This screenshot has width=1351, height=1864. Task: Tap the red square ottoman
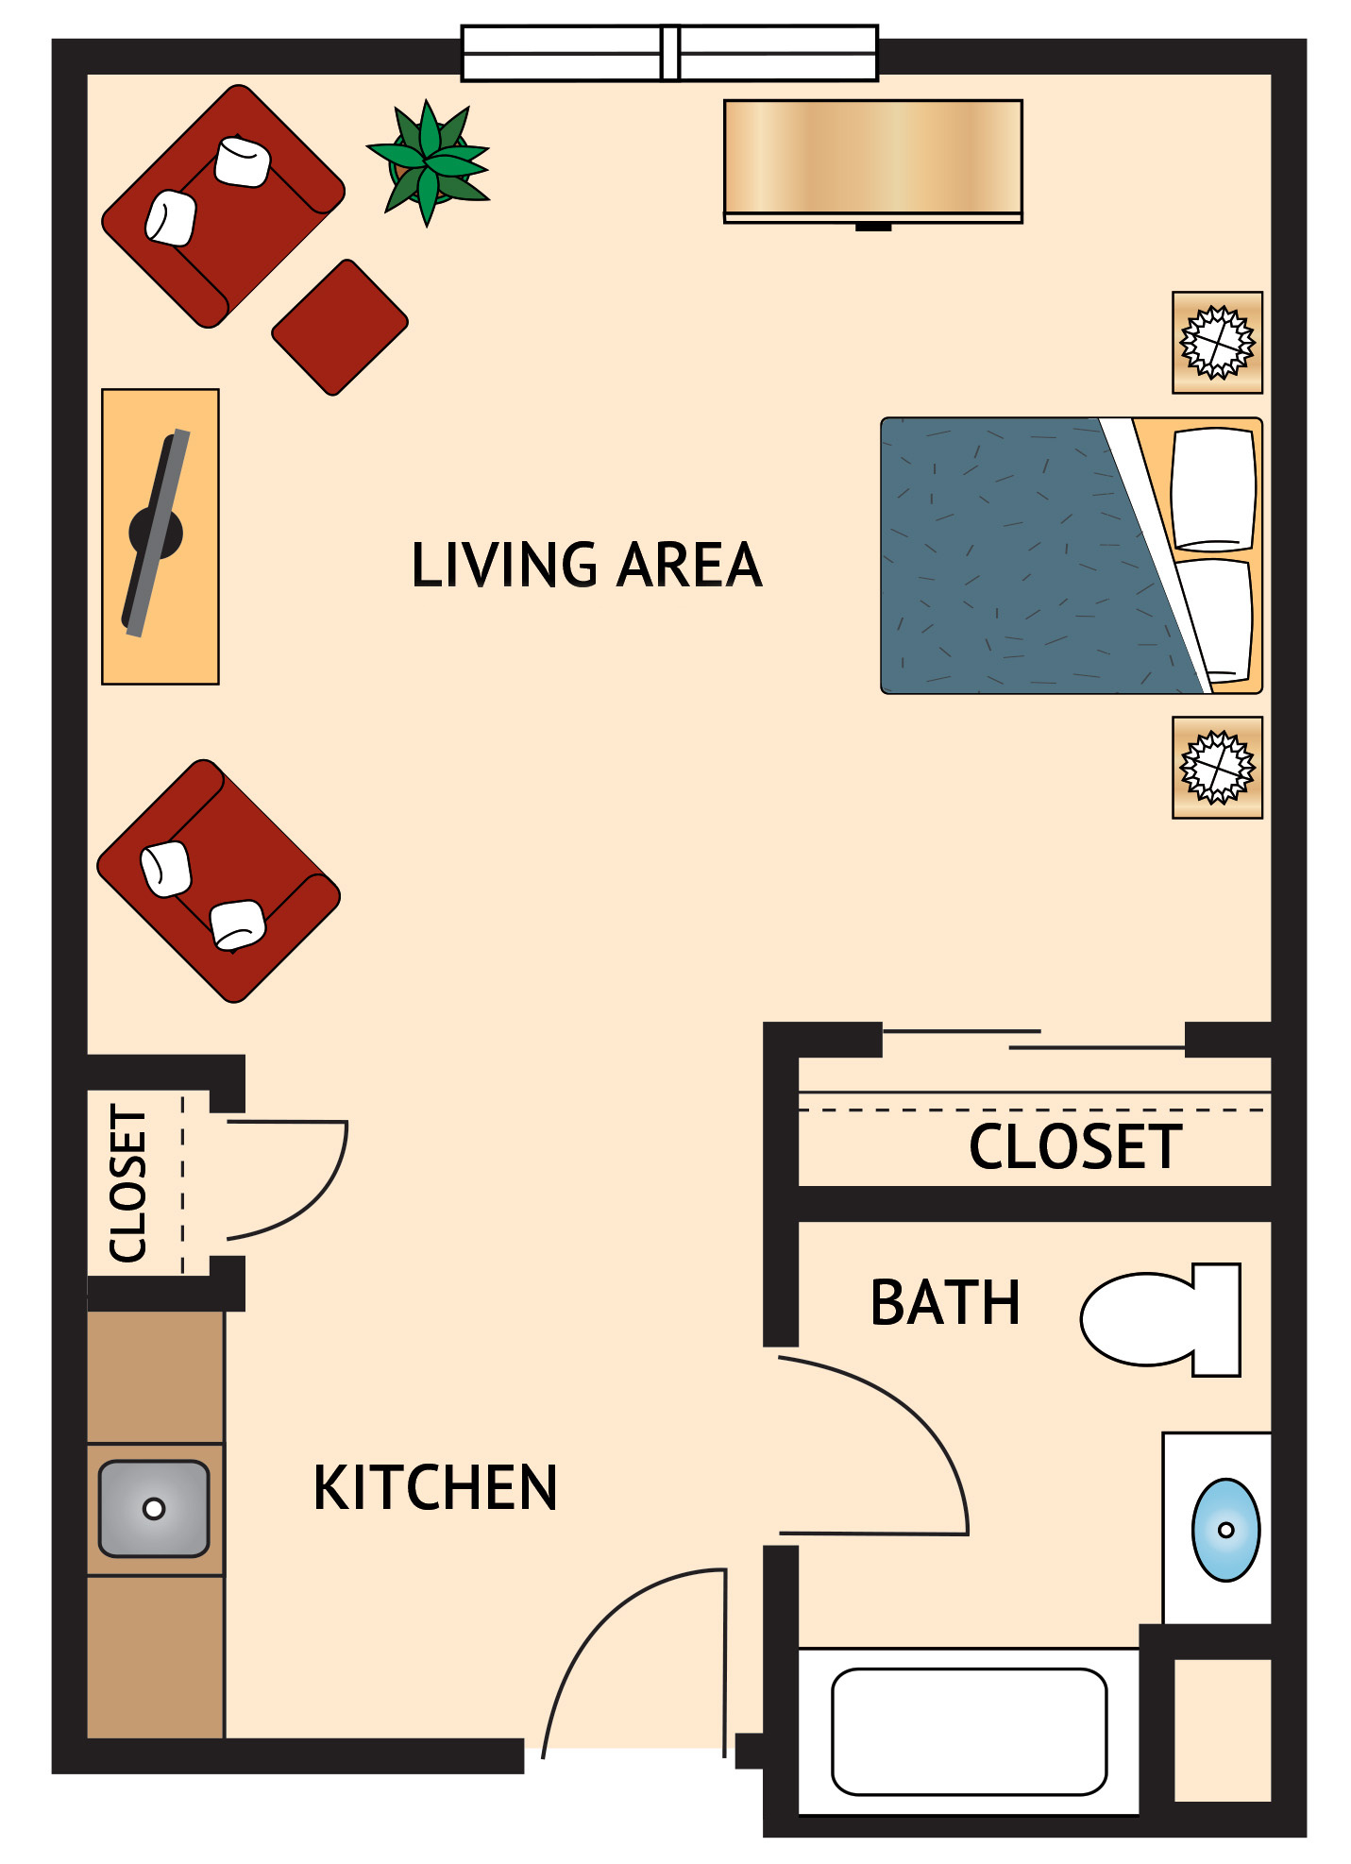click(340, 327)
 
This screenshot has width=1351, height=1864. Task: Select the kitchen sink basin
click(154, 1508)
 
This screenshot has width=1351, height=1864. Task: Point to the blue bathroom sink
click(1224, 1529)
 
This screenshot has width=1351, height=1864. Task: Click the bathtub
click(969, 1731)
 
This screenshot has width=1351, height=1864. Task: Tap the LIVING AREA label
click(586, 565)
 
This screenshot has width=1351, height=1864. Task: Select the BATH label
click(945, 1303)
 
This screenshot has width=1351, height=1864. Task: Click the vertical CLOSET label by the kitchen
click(129, 1183)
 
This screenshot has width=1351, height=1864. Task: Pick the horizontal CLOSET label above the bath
click(1075, 1146)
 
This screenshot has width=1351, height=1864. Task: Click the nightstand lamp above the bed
click(1217, 342)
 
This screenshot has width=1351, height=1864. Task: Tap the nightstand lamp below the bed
click(1217, 767)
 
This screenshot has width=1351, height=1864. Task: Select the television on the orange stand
click(156, 534)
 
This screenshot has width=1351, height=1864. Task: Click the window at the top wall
click(669, 53)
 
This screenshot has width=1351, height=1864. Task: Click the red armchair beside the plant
click(223, 206)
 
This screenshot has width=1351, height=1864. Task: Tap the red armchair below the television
click(218, 880)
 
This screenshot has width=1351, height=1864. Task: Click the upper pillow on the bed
click(1213, 488)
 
